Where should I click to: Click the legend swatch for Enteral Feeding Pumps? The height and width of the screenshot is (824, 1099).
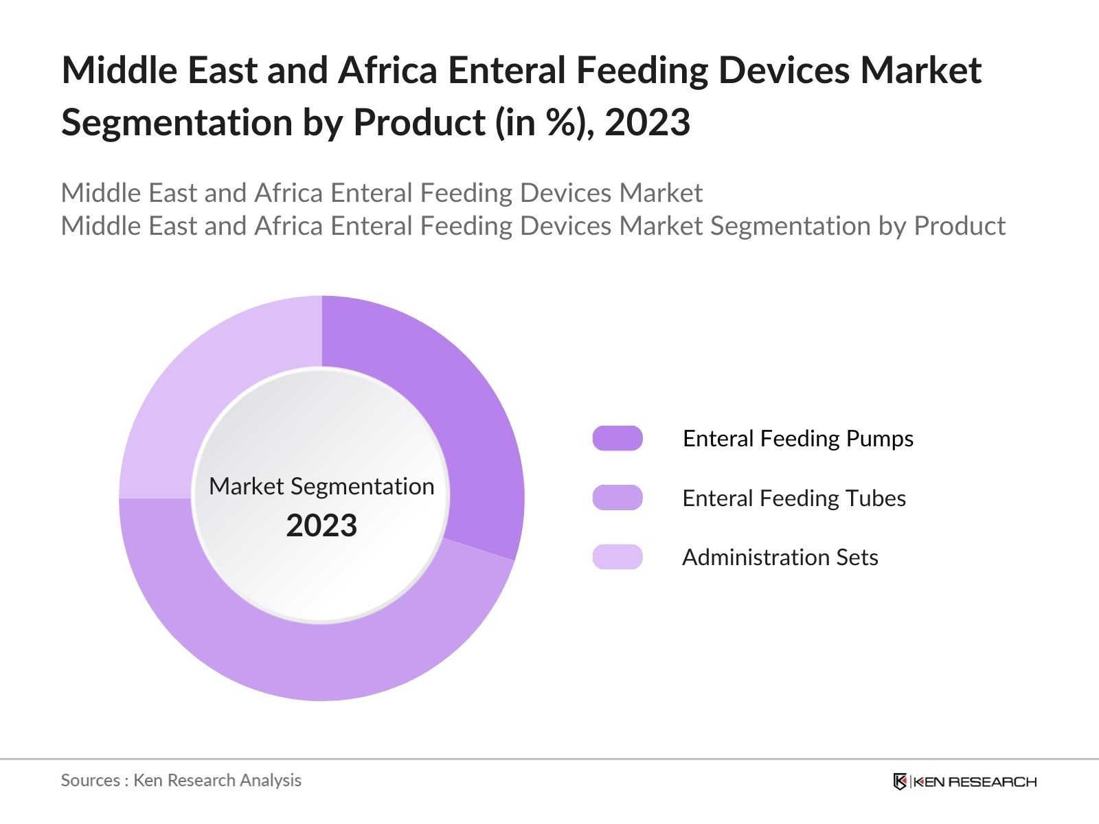click(618, 438)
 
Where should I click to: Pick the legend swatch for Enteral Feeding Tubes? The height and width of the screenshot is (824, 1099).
click(618, 498)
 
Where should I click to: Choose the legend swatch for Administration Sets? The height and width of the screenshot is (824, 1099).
click(618, 557)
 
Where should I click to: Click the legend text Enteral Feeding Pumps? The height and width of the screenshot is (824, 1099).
click(797, 438)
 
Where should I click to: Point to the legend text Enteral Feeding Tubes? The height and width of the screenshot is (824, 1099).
click(793, 498)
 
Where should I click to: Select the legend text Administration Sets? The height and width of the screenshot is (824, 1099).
click(780, 557)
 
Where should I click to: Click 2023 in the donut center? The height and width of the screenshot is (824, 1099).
click(321, 526)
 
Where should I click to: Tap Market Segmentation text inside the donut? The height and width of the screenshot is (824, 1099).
click(321, 486)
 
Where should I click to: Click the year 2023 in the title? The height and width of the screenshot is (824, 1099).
click(647, 123)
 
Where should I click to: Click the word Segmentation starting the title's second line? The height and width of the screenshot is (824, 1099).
click(176, 123)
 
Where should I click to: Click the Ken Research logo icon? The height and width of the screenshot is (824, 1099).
click(900, 781)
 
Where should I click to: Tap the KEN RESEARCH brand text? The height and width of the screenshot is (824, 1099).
click(975, 781)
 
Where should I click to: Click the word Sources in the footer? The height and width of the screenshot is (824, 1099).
click(90, 780)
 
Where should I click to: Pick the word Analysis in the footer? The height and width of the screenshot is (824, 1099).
click(275, 780)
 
